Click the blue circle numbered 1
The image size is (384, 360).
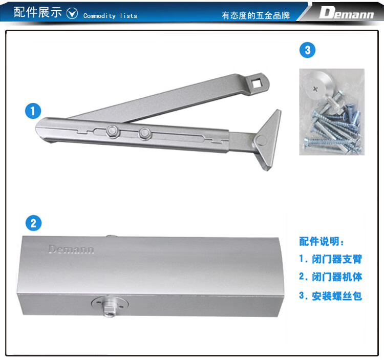click(x=33, y=111)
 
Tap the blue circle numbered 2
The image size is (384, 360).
click(x=34, y=223)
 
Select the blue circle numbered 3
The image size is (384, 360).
click(x=308, y=50)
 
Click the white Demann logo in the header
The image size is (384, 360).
click(x=346, y=13)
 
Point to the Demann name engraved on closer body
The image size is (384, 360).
click(x=71, y=249)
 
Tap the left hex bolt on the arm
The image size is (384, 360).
click(x=113, y=132)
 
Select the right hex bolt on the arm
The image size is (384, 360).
click(x=145, y=134)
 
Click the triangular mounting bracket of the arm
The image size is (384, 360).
click(x=269, y=140)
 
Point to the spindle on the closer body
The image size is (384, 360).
click(x=110, y=307)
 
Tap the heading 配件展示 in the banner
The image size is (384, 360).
click(x=38, y=12)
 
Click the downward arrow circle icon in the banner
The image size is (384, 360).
click(x=72, y=13)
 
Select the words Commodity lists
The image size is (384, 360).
click(x=110, y=16)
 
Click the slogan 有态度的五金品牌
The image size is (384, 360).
click(x=256, y=15)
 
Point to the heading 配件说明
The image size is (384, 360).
click(x=322, y=241)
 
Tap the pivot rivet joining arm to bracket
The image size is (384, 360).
click(x=261, y=141)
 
